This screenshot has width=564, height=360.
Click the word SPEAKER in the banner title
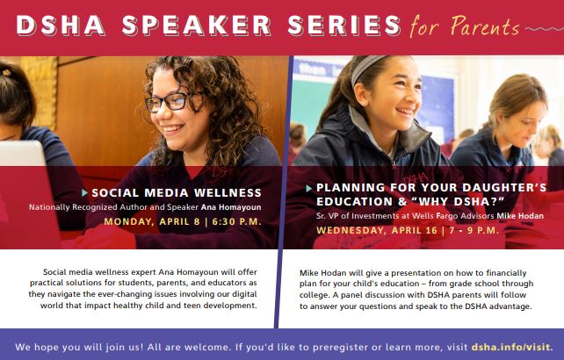197,25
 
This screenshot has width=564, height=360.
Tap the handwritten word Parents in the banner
485,26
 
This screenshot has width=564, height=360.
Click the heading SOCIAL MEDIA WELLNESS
177,193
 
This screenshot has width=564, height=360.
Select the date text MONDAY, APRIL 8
152,221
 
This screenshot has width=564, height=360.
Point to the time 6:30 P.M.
236,221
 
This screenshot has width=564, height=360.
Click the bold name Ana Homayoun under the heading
231,207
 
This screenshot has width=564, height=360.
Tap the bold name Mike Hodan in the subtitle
520,216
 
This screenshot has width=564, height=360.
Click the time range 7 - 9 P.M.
474,230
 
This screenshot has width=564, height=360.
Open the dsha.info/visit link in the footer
511,348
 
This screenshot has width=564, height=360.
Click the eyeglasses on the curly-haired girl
171,102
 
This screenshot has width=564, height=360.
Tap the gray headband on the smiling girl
365,67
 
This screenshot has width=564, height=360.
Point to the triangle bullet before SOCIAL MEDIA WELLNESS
84,193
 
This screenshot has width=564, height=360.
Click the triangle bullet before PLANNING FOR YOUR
308,188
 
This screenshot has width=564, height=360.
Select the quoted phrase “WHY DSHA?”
459,202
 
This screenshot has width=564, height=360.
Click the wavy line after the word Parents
544,29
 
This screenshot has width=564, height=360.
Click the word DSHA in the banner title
61,25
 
